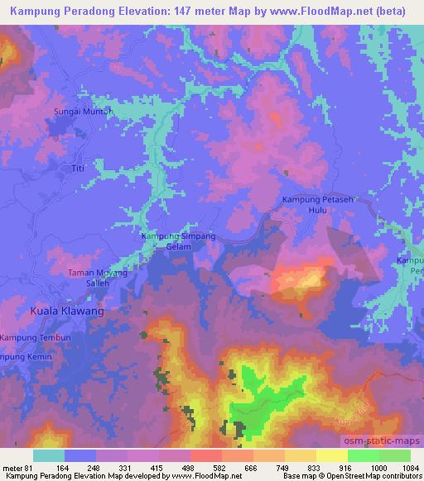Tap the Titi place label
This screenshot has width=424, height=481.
(x=79, y=169)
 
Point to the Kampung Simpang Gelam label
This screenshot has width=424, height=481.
(x=178, y=240)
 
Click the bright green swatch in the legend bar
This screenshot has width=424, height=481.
(x=363, y=455)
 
